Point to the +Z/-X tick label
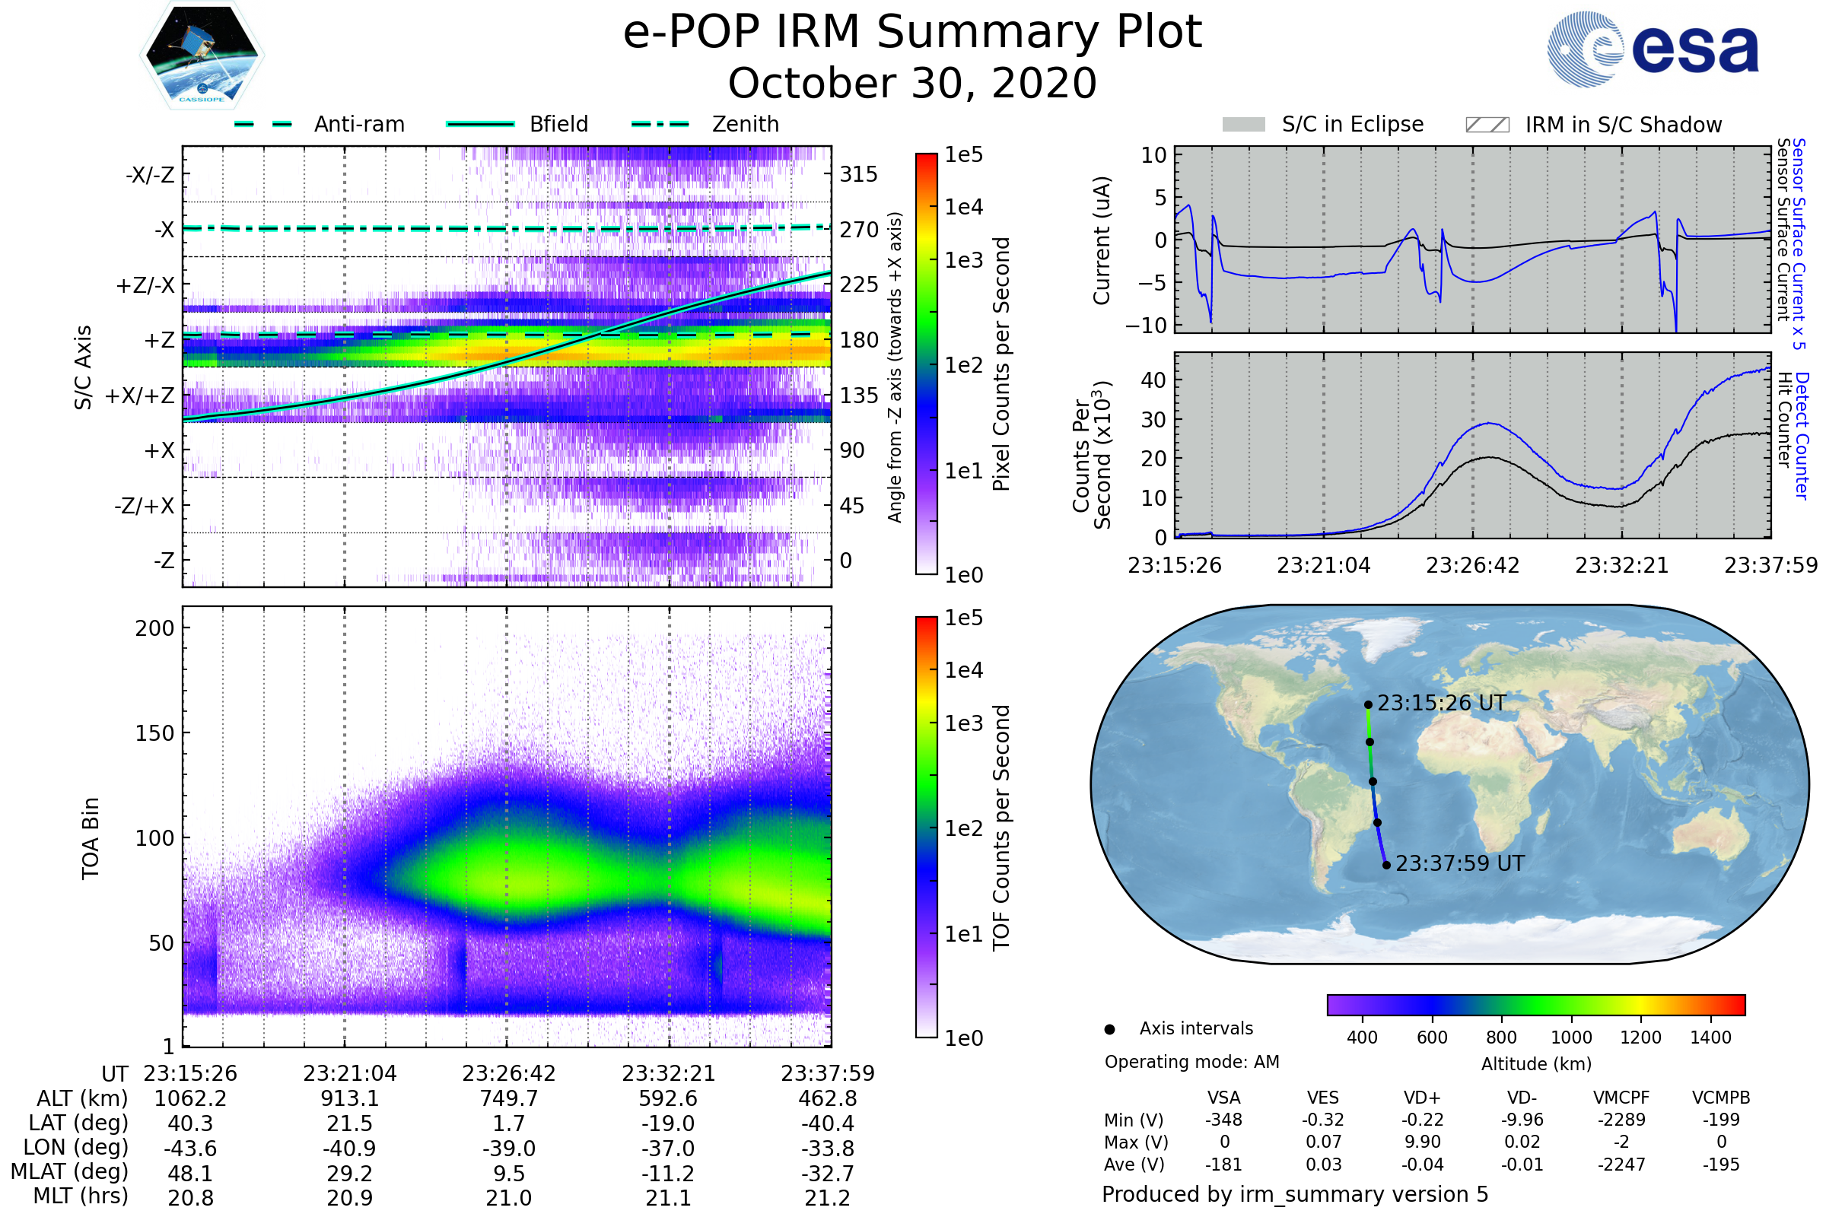(145, 284)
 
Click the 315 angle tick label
(858, 174)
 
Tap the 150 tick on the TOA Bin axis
(154, 732)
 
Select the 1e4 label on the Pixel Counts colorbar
(963, 206)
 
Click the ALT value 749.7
(508, 1098)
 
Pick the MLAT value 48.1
(190, 1173)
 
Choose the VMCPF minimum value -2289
(1621, 1119)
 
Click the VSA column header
(1223, 1098)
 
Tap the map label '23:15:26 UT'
(1441, 703)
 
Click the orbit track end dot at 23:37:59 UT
(1386, 865)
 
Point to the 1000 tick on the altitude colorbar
(1571, 1037)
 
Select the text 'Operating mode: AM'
(1191, 1062)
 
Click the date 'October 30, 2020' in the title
(912, 83)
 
